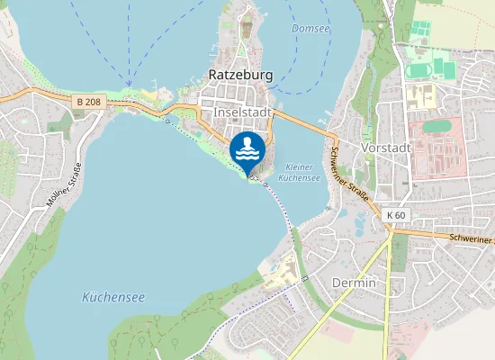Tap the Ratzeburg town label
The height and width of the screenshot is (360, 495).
[x=240, y=75]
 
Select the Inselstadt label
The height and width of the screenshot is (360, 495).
[x=243, y=112]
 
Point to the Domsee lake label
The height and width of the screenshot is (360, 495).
[x=310, y=29]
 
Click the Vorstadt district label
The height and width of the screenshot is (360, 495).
[x=385, y=148]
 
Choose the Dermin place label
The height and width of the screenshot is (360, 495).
[x=354, y=283]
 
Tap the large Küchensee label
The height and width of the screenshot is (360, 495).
[x=113, y=296]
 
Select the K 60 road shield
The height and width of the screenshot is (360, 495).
[x=396, y=215]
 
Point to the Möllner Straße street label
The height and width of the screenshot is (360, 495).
[x=65, y=184]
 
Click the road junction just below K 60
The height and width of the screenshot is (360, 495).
[x=392, y=228]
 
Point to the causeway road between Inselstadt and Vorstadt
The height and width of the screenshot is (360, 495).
[x=301, y=122]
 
